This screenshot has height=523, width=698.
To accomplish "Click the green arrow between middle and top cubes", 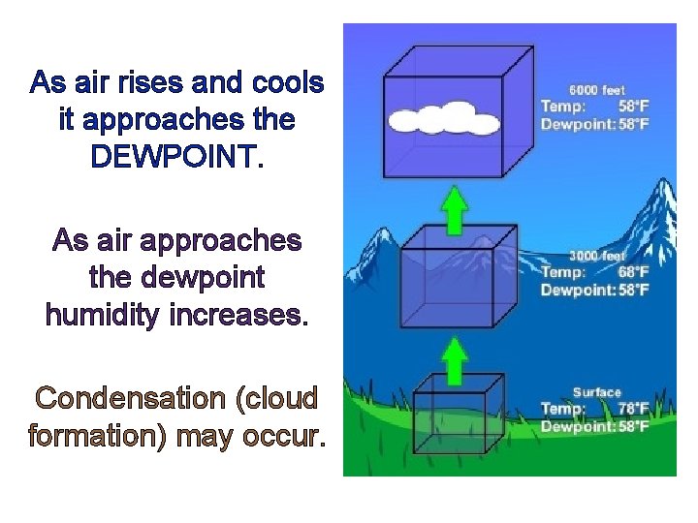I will pos(454,210).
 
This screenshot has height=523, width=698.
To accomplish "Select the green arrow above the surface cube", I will pos(454,360).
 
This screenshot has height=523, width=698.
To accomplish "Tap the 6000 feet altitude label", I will pos(596,90).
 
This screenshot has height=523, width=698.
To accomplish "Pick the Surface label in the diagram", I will pos(596,392).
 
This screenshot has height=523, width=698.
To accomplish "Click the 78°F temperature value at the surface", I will pos(633,409).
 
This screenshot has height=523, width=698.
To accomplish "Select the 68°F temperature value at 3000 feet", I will pos(633,273).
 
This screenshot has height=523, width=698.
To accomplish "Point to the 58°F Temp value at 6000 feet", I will pos(633,107).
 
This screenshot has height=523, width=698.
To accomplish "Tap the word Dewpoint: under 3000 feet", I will pos(578,290).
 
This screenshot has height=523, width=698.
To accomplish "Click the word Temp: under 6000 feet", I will pos(560,107).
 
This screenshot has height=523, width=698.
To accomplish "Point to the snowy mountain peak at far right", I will pos(662,199).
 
